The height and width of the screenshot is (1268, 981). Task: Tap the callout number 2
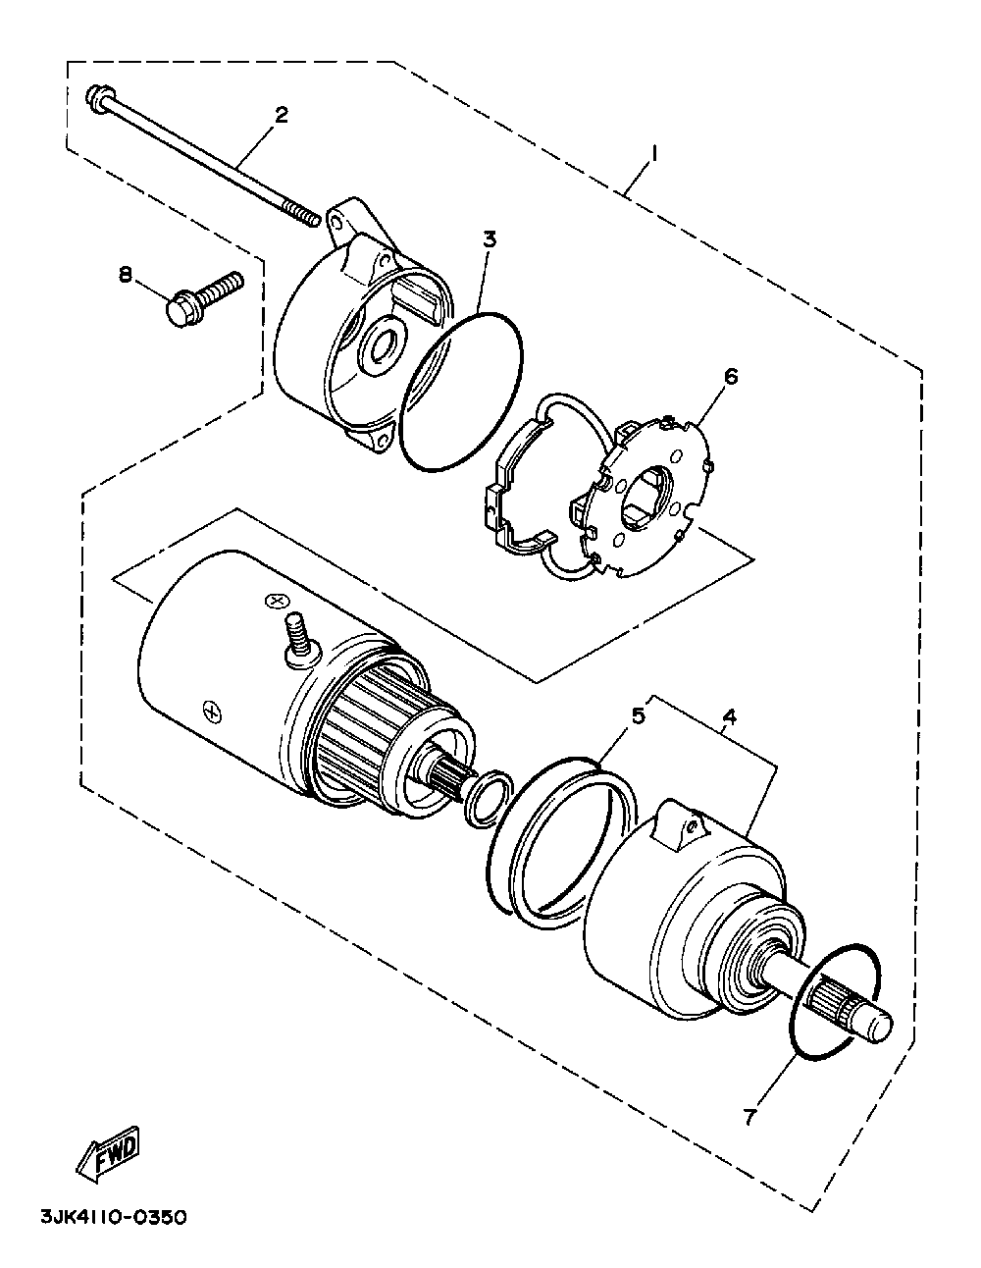282,115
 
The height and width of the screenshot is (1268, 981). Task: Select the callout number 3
490,238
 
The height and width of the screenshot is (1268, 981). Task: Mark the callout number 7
749,1117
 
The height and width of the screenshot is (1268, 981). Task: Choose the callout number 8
127,276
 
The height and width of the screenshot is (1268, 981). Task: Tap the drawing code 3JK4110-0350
114,1218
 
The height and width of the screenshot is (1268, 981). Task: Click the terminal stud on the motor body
293,636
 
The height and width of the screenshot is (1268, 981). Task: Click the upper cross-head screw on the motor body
275,601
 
